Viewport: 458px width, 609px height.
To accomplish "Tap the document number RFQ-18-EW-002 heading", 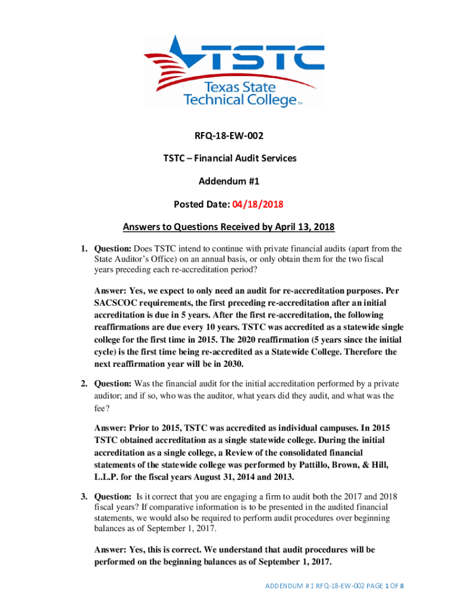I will pyautogui.click(x=229, y=136).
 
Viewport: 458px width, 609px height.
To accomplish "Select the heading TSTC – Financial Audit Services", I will pyautogui.click(x=229, y=158).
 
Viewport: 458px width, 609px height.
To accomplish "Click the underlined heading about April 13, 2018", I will pyautogui.click(x=229, y=227).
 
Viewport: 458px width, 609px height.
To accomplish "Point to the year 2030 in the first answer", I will pyautogui.click(x=230, y=363).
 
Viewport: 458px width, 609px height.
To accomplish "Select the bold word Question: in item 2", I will pyautogui.click(x=114, y=382).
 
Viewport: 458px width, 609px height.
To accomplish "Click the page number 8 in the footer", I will pyautogui.click(x=402, y=586).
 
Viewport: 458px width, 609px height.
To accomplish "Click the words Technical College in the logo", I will pyautogui.click(x=240, y=99).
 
